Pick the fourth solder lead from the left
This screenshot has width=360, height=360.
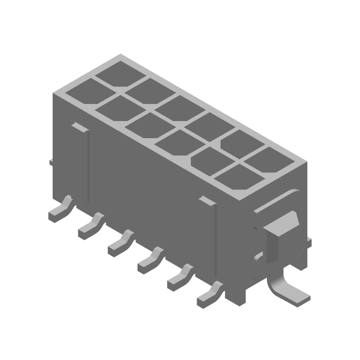[149, 261]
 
